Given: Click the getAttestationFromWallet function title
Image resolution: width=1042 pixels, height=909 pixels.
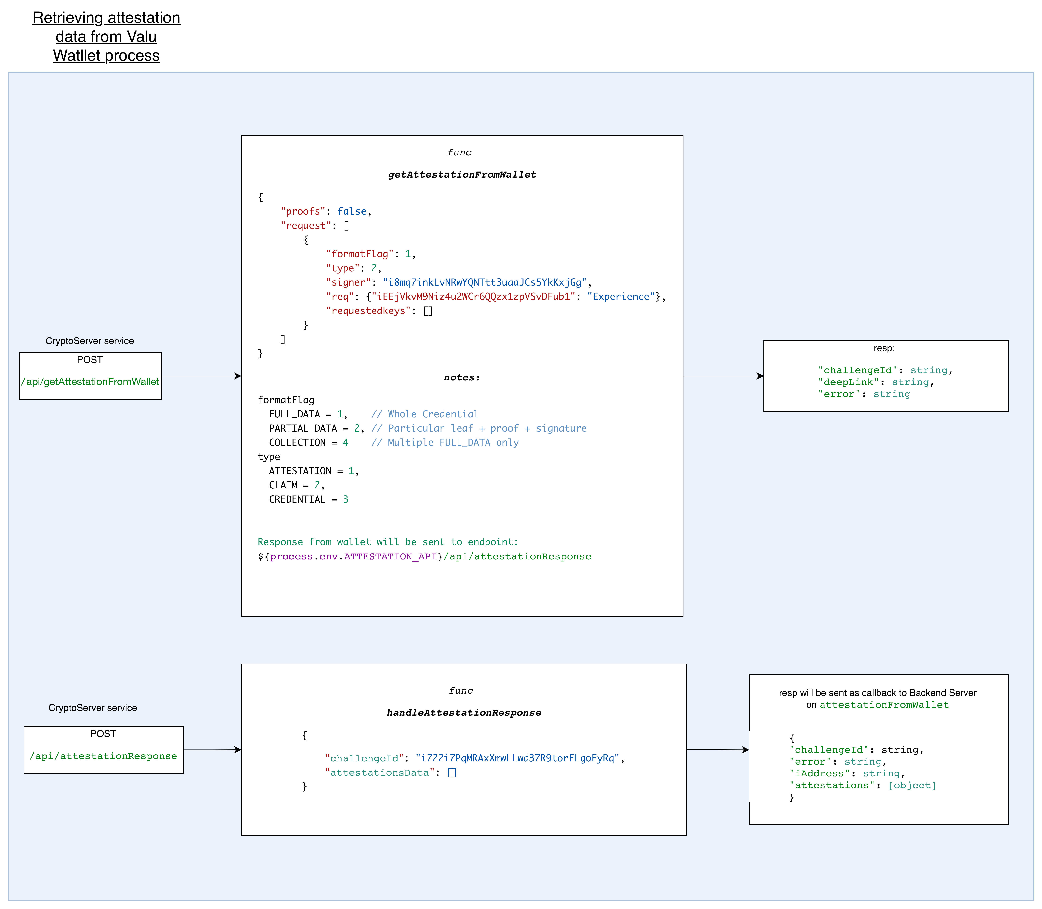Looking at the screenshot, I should pyautogui.click(x=462, y=175).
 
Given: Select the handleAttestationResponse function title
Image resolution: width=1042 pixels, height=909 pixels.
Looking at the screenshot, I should pyautogui.click(x=463, y=713).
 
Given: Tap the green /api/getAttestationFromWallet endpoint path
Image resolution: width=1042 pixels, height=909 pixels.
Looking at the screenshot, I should pyautogui.click(x=90, y=382).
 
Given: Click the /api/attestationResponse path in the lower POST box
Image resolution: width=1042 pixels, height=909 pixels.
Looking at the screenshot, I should pyautogui.click(x=104, y=756).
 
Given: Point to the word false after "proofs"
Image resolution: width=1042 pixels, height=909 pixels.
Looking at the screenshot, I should pyautogui.click(x=352, y=211).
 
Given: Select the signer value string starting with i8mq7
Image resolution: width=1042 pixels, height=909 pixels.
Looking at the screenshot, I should pyautogui.click(x=484, y=282).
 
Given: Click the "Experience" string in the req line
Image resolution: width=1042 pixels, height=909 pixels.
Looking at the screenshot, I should pyautogui.click(x=621, y=297).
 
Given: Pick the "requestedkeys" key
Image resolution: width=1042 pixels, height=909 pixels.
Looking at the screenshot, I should pyautogui.click(x=368, y=311).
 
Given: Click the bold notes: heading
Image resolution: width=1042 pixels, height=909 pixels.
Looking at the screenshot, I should pyautogui.click(x=461, y=377).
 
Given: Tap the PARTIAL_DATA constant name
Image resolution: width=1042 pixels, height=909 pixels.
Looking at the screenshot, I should pyautogui.click(x=303, y=429).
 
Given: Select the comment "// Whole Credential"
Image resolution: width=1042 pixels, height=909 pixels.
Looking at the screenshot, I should pyautogui.click(x=425, y=414).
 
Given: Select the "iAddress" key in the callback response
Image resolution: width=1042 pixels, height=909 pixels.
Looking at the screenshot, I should pyautogui.click(x=819, y=773).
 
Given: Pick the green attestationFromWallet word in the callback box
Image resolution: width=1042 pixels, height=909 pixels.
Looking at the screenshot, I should pyautogui.click(x=884, y=705).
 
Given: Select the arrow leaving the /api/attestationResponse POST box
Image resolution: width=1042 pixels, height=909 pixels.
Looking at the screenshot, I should pyautogui.click(x=212, y=750).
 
